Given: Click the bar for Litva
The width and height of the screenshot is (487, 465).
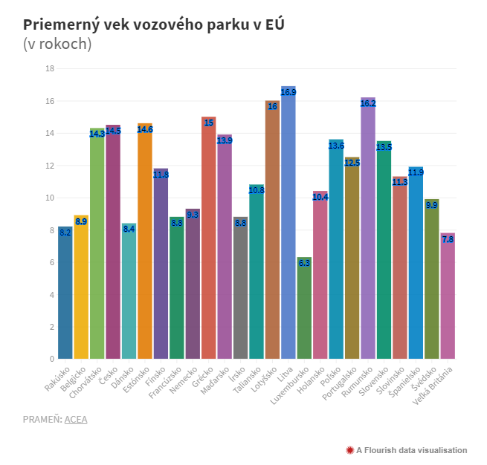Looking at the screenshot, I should pos(288,223).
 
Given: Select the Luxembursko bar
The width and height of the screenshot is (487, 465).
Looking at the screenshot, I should pos(304,308).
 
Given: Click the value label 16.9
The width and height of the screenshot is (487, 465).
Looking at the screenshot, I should pos(288,92).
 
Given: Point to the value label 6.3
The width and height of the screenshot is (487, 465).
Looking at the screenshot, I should pos(304,262).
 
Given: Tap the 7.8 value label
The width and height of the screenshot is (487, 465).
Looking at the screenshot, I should pos(448,239).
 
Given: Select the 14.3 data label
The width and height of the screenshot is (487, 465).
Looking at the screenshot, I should pos(97,134).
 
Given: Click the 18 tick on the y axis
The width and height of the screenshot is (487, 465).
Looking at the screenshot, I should pos(50,69).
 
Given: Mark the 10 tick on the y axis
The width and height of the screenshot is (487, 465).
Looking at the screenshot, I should pos(50,198).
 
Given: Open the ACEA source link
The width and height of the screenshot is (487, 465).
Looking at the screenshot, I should pos(76,420).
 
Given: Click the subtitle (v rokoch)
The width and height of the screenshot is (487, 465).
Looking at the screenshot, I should pos(58,45).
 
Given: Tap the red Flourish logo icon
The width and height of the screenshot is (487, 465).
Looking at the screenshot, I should pos(349,450).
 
